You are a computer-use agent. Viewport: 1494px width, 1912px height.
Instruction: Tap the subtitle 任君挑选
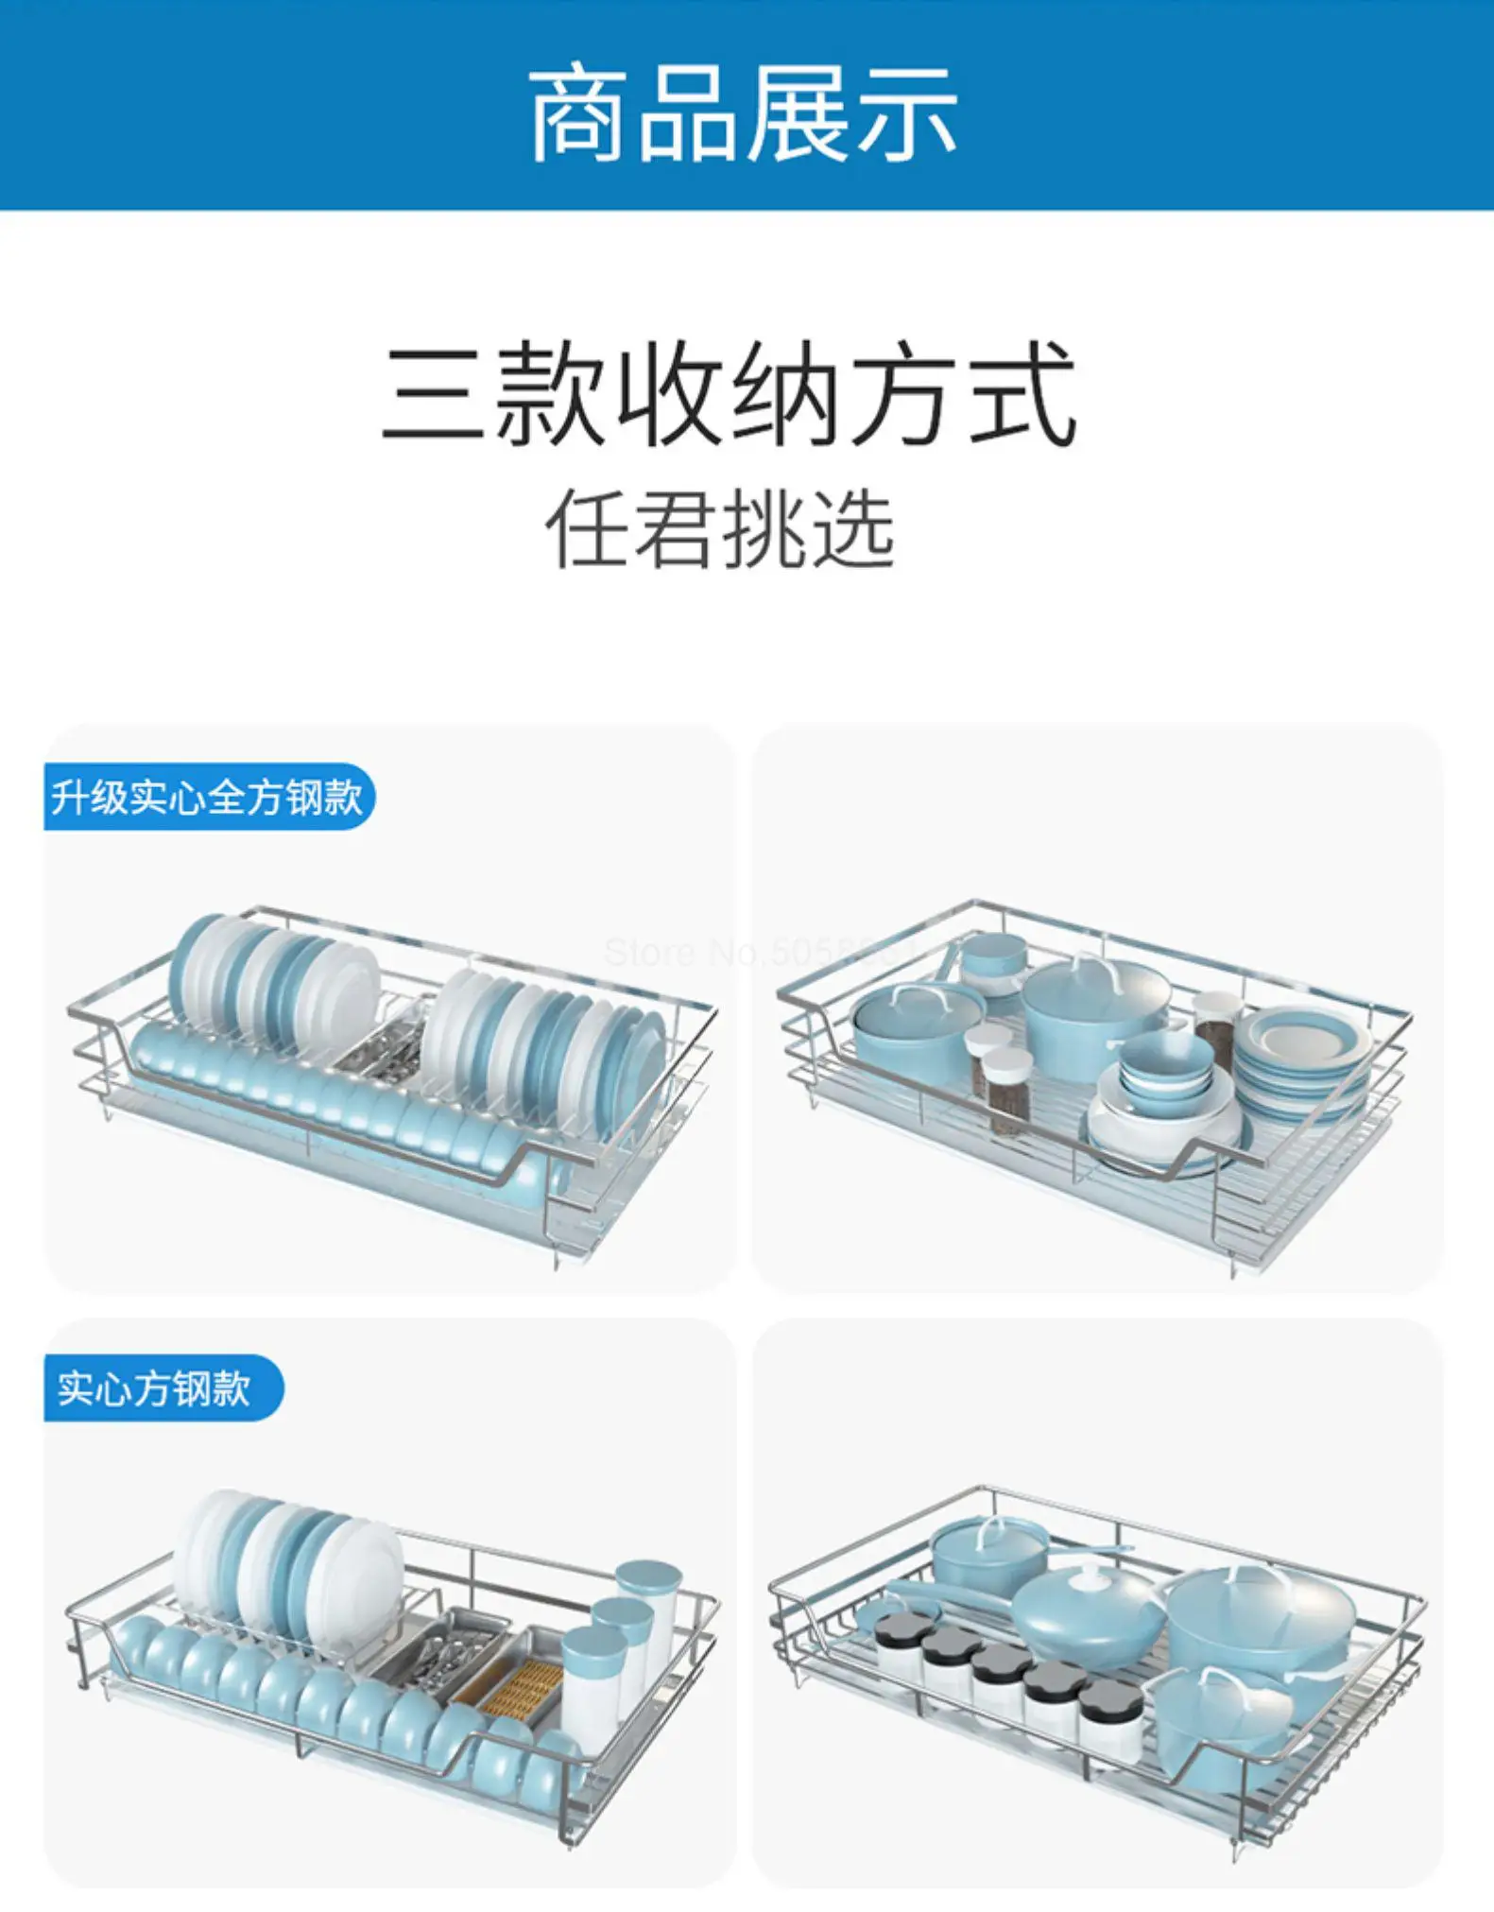720,529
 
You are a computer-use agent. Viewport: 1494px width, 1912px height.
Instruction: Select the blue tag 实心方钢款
156,1387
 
